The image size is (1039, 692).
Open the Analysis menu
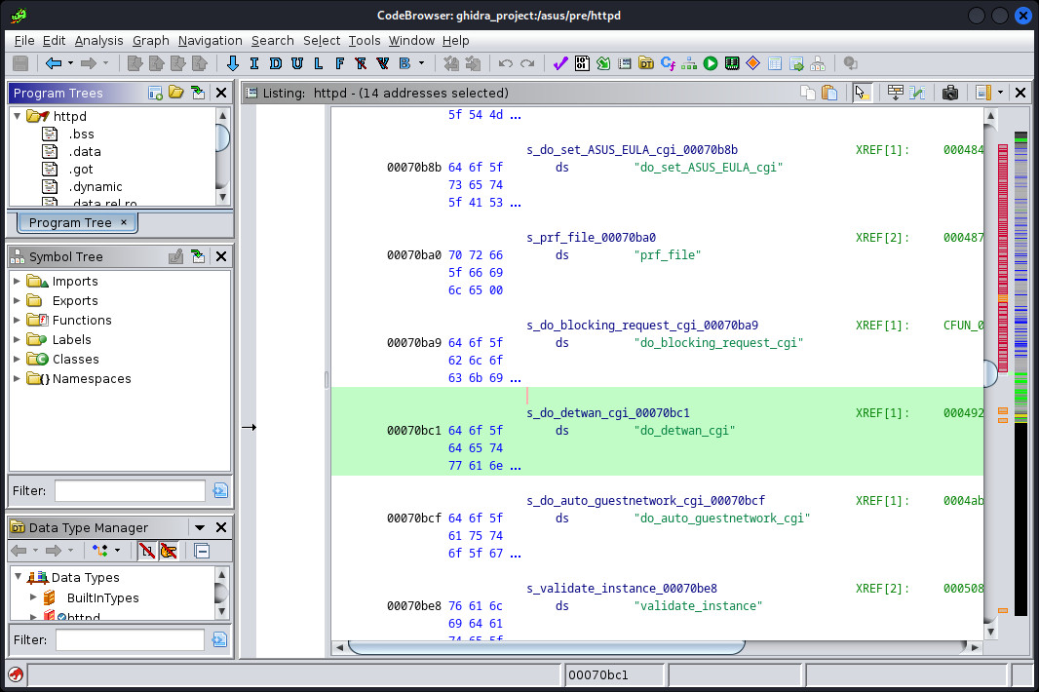[x=98, y=40]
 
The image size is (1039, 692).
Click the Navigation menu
[x=211, y=40]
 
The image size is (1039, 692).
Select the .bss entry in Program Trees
[x=82, y=134]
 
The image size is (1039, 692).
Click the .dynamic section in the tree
[x=96, y=187]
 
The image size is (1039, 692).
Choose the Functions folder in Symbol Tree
[x=82, y=320]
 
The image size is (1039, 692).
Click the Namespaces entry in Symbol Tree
[x=92, y=378]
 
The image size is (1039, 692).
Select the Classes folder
[x=76, y=360]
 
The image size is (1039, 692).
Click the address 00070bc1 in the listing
[x=414, y=431]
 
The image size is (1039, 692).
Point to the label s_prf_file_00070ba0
[x=591, y=237]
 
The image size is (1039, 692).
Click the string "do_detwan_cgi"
[x=684, y=431]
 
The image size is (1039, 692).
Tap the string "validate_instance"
[x=699, y=606]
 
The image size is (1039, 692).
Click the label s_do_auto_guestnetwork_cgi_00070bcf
[x=646, y=500]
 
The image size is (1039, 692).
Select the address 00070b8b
[x=414, y=168]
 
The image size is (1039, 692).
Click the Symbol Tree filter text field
[x=130, y=490]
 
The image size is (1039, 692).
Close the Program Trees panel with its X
[x=221, y=93]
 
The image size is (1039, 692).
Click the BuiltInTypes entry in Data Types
[x=102, y=597]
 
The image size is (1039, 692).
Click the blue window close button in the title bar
[x=1023, y=15]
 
